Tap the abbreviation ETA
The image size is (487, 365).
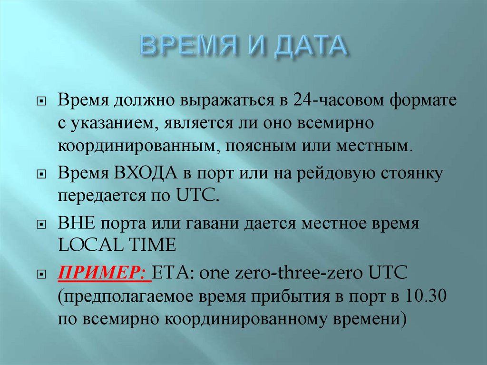coord(175,275)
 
